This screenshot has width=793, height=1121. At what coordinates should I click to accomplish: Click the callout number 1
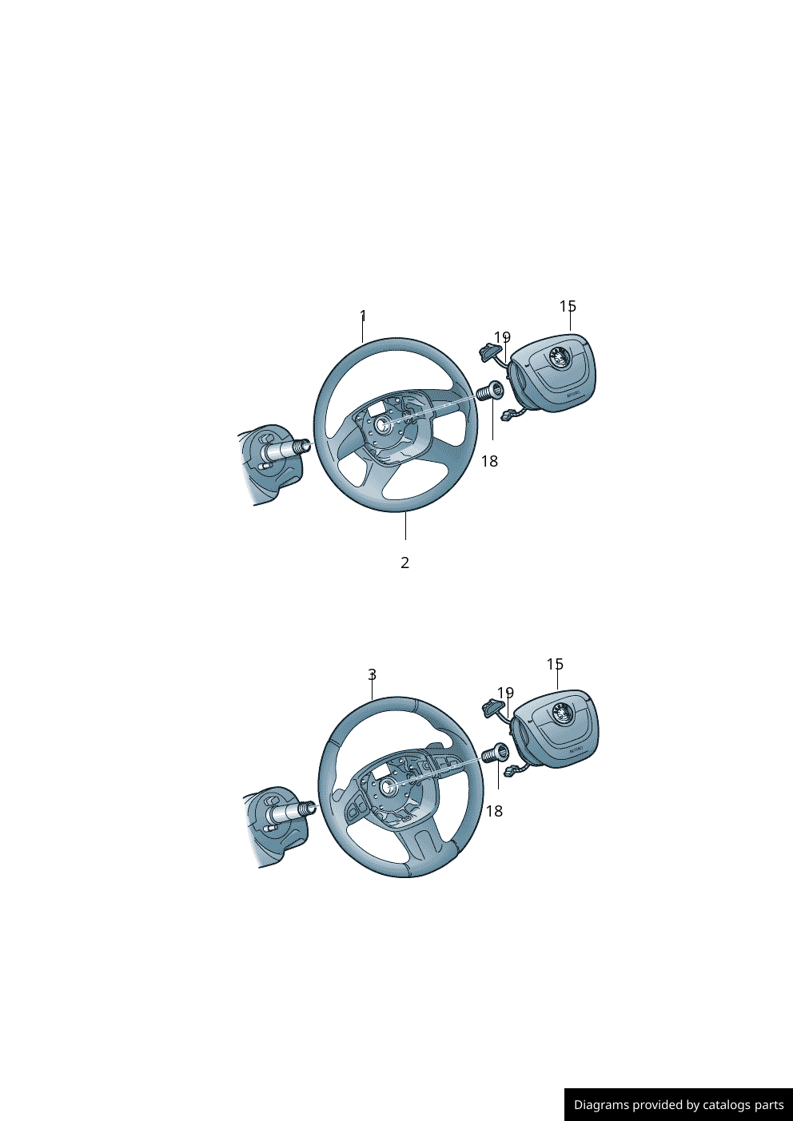pyautogui.click(x=363, y=316)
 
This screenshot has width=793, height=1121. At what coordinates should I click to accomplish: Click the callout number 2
pyautogui.click(x=405, y=562)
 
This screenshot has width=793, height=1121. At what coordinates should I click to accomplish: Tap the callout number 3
pyautogui.click(x=372, y=675)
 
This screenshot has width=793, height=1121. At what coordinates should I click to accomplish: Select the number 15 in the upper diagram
pyautogui.click(x=568, y=307)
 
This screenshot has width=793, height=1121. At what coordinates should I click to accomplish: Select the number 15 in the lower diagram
pyautogui.click(x=555, y=664)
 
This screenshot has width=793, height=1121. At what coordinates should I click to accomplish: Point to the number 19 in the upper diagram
pyautogui.click(x=502, y=337)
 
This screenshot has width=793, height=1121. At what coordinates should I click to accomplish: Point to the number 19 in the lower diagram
pyautogui.click(x=505, y=693)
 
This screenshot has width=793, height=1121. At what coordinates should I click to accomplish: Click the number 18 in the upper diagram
pyautogui.click(x=489, y=461)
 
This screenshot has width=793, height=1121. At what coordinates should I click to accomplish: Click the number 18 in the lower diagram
pyautogui.click(x=495, y=811)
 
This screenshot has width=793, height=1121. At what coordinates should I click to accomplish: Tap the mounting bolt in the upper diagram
pyautogui.click(x=488, y=392)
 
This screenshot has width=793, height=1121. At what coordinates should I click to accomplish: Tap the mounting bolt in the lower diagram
pyautogui.click(x=496, y=753)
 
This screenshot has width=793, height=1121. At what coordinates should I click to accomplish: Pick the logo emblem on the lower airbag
pyautogui.click(x=561, y=714)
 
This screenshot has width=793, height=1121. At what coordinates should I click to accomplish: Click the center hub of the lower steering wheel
pyautogui.click(x=389, y=787)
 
